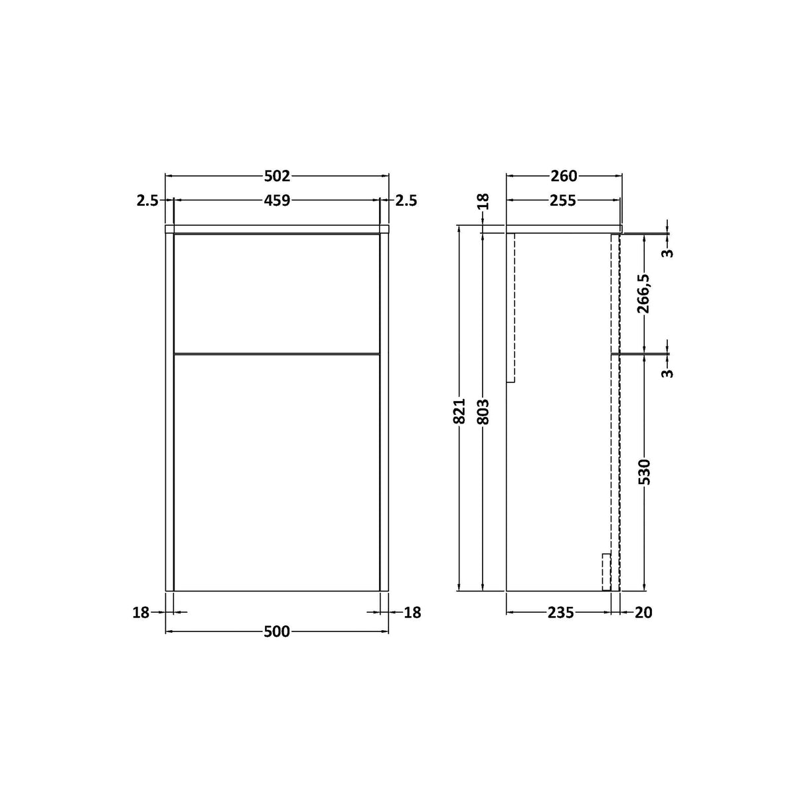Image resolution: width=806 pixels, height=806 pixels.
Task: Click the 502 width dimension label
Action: click(x=277, y=176)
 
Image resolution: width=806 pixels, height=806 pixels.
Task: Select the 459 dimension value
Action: click(x=277, y=200)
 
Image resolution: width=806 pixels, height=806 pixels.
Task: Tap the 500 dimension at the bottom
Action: click(x=277, y=631)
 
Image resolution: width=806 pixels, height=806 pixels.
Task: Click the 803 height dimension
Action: click(x=483, y=412)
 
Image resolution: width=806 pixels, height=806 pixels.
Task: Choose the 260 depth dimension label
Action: click(x=564, y=176)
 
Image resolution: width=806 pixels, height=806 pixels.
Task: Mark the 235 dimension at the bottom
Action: click(x=560, y=613)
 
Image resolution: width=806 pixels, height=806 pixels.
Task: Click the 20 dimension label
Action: click(x=643, y=613)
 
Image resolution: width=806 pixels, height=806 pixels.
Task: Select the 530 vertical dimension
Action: click(x=644, y=471)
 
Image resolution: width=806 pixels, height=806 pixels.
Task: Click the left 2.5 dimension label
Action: click(x=147, y=200)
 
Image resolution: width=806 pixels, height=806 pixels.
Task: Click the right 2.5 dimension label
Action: click(x=406, y=200)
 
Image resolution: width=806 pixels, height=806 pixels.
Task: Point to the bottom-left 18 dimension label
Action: click(x=141, y=613)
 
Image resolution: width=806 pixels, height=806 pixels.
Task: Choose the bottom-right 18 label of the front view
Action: click(x=412, y=613)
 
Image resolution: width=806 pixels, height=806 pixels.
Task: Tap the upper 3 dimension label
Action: click(x=668, y=253)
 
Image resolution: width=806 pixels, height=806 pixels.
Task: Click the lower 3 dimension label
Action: click(x=668, y=372)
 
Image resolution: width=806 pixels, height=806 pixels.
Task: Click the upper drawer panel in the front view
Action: click(x=277, y=292)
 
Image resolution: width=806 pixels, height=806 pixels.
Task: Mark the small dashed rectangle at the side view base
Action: click(x=605, y=572)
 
